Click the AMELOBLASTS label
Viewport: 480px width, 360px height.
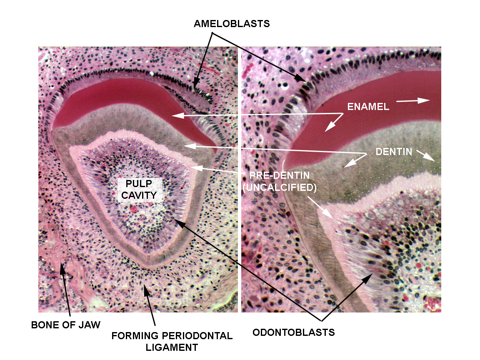click(232, 24)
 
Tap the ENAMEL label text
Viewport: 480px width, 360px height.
click(368, 107)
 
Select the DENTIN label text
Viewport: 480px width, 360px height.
click(394, 152)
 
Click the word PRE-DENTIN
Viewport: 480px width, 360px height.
click(280, 175)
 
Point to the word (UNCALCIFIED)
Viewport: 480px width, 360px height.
click(280, 187)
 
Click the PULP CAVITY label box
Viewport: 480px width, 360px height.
click(139, 190)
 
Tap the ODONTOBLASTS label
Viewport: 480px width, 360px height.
click(294, 332)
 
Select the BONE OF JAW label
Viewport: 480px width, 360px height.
click(66, 325)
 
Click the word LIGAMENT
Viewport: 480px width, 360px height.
click(172, 347)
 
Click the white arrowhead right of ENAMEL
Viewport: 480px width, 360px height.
click(424, 100)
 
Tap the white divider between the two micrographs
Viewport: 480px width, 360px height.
click(240, 180)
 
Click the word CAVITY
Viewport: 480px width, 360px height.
click(139, 195)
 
